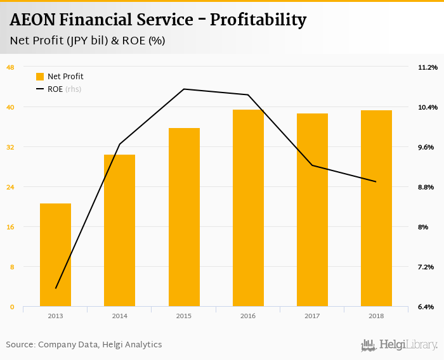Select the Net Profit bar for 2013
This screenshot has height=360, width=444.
55,255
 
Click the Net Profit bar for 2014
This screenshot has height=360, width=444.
119,231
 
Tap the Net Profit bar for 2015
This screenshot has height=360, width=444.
184,217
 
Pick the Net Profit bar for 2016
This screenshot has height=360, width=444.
248,208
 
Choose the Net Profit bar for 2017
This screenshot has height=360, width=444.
312,210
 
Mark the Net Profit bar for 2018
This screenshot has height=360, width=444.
376,209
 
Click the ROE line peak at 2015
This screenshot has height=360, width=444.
184,89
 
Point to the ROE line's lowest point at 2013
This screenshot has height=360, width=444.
56,288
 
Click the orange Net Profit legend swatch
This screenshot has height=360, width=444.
40,77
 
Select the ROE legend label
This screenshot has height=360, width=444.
55,89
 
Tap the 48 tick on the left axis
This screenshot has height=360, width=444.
10,67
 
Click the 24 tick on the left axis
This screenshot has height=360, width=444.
10,187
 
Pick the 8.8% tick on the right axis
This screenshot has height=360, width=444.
425,187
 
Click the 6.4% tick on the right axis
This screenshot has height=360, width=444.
425,307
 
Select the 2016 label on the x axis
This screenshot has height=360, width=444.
248,316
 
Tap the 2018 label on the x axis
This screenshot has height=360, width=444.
376,316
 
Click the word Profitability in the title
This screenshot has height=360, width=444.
258,20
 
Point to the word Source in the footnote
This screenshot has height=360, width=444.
20,345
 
